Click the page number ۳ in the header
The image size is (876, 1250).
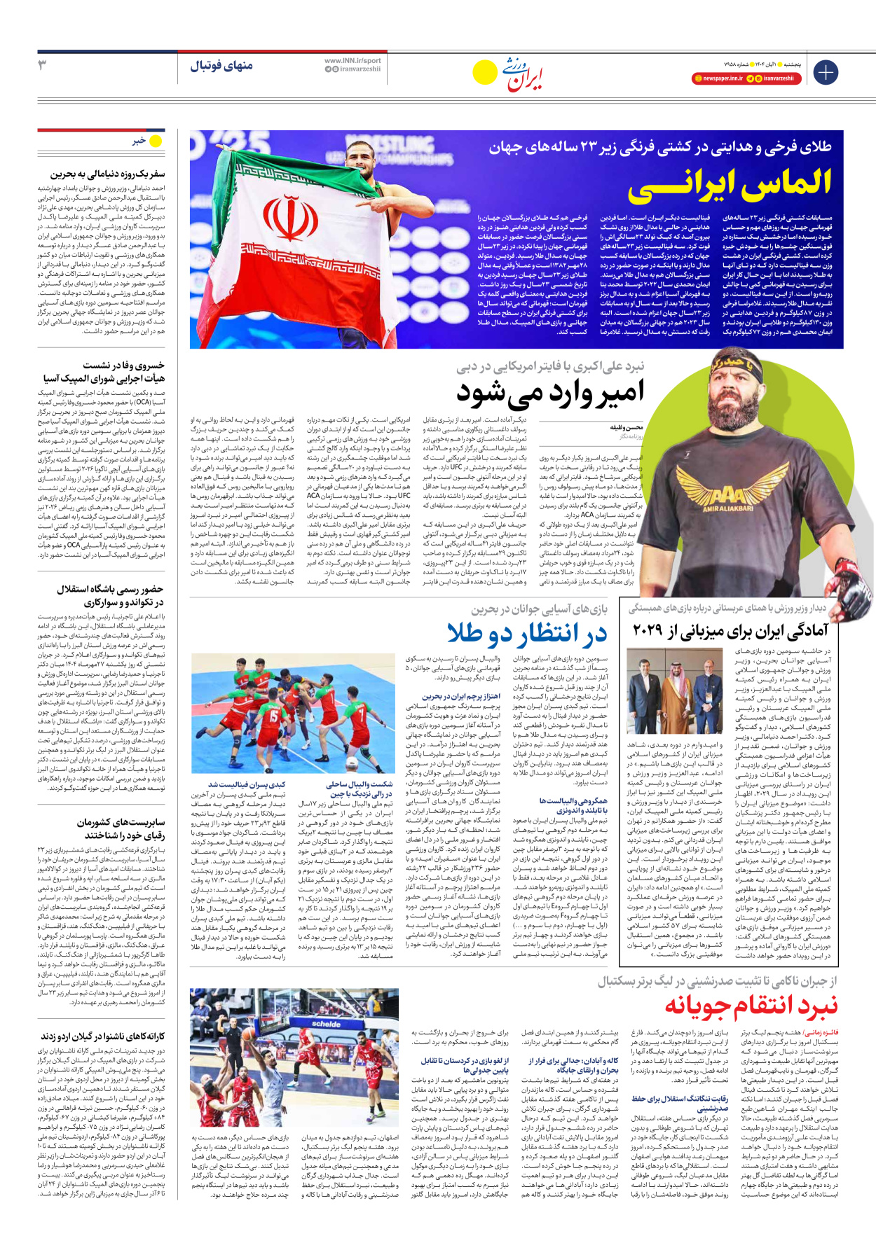pos(43,65)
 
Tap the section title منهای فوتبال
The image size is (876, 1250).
pos(221,66)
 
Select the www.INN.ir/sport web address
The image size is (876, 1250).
pos(353,61)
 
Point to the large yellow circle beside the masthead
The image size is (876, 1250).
pos(484,72)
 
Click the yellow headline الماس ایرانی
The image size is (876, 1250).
pos(729,183)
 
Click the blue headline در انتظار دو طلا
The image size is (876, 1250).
pos(527,633)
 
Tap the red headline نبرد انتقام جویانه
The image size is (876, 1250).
pos(751,1006)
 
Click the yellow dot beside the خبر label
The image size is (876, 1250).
pos(156,141)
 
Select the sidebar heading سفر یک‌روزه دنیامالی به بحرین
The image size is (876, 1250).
pos(107,174)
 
